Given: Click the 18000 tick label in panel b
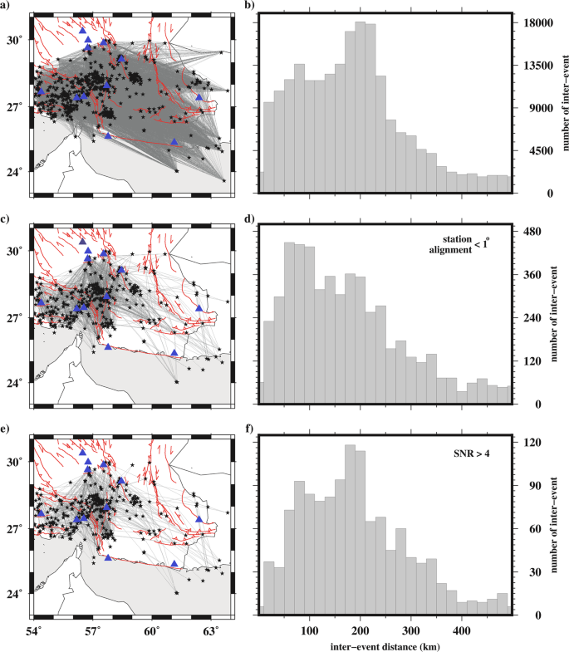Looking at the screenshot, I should pyautogui.click(x=537, y=23).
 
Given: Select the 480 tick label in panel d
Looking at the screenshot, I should pyautogui.click(x=531, y=233).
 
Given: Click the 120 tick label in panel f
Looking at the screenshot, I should pyautogui.click(x=531, y=444).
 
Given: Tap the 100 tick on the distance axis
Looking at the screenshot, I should pyautogui.click(x=309, y=629).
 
